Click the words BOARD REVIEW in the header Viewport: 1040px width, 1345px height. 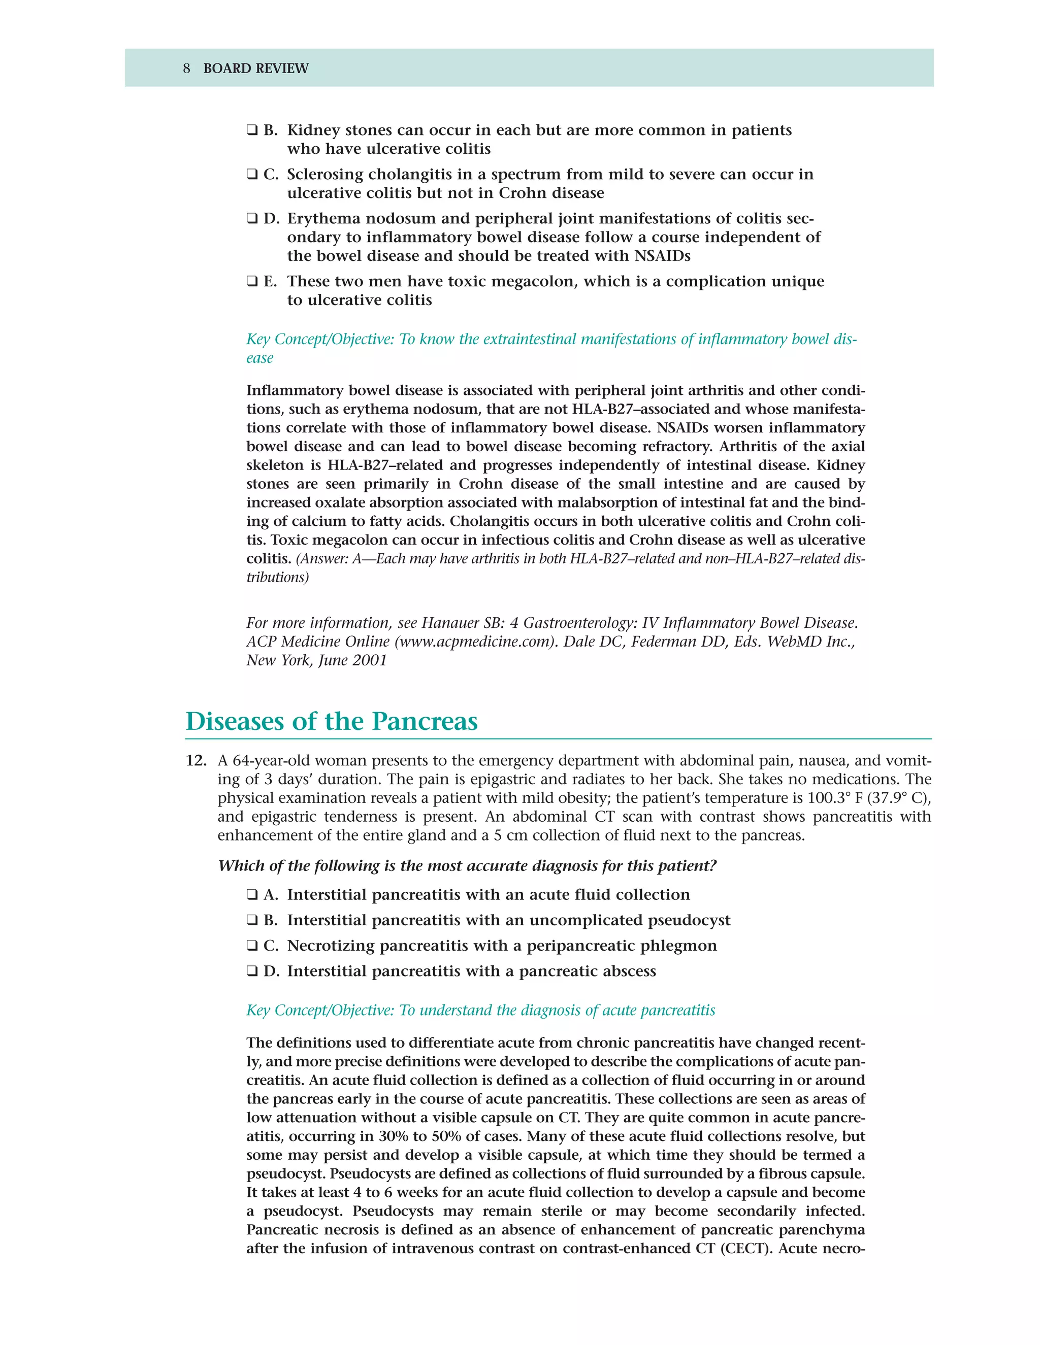coord(256,69)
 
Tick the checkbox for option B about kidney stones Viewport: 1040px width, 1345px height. coord(252,130)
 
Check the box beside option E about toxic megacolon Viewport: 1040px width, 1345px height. coord(252,282)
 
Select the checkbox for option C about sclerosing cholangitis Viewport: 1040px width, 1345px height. coord(252,175)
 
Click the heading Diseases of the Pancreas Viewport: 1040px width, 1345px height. coord(332,721)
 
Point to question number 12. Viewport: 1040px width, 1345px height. coord(196,761)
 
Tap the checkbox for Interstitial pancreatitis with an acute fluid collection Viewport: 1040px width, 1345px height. coord(252,895)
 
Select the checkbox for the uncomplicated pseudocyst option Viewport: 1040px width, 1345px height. coord(252,920)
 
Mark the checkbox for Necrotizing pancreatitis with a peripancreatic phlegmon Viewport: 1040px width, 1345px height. coord(252,946)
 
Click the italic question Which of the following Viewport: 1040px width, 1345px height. coord(467,866)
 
